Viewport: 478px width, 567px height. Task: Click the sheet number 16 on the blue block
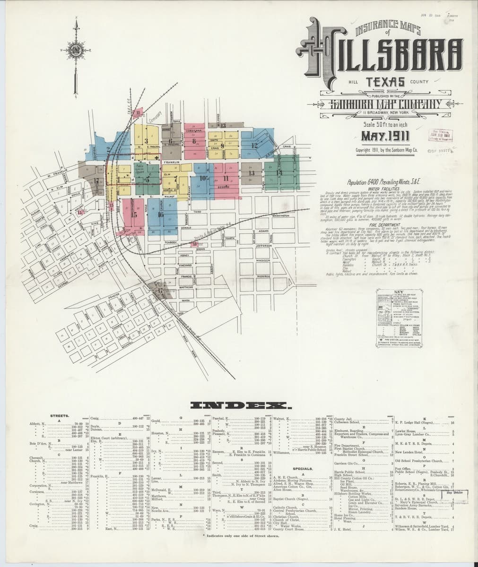(161, 215)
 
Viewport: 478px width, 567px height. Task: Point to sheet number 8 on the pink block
(194, 141)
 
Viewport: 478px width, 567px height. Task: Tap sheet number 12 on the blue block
(254, 145)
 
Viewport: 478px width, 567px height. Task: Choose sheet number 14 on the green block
(279, 173)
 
